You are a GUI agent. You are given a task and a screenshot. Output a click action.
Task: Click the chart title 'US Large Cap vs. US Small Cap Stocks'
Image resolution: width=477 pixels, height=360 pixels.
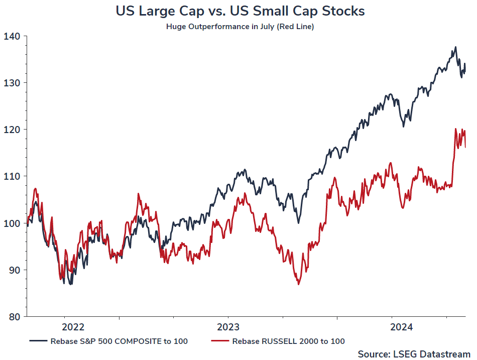tap(240, 11)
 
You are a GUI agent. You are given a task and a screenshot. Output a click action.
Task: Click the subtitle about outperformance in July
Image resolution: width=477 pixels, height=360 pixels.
tap(240, 27)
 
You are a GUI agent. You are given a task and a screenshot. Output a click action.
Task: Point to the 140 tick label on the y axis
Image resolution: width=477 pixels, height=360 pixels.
tap(12, 36)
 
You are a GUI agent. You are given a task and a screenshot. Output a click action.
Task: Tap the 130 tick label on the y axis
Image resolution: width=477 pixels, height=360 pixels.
tap(12, 83)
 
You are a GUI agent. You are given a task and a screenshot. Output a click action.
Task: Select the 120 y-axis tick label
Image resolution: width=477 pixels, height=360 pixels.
tap(12, 130)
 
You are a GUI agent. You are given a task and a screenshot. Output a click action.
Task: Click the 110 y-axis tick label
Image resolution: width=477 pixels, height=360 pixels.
tap(12, 176)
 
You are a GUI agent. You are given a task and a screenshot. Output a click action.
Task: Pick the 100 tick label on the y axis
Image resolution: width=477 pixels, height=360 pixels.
tap(12, 223)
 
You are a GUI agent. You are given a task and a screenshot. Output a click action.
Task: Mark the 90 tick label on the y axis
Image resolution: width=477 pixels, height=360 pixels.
tap(13, 270)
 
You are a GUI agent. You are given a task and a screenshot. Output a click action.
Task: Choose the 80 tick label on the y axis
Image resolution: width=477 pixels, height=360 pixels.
tap(13, 316)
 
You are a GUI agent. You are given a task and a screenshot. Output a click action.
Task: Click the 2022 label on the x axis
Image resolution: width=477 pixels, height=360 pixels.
tap(74, 327)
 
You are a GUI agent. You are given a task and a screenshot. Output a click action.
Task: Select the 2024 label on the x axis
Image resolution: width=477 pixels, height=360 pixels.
tap(402, 327)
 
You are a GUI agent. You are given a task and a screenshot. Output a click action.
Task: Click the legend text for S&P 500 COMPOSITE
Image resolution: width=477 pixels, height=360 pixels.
tap(119, 341)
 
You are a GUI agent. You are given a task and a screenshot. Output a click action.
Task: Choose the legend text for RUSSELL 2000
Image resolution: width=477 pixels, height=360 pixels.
tap(288, 341)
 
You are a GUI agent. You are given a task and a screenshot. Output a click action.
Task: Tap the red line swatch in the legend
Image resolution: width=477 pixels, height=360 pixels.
tap(219, 341)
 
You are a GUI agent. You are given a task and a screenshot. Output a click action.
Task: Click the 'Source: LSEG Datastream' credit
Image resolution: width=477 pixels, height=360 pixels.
tap(414, 354)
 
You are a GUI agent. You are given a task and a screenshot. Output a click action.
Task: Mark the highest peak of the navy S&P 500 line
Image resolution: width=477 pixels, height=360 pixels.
tap(455, 47)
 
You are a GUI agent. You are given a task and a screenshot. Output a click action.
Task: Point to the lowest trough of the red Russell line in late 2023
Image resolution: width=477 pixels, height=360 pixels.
tap(298, 284)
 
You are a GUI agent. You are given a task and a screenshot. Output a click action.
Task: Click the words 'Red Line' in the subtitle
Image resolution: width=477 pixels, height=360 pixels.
tap(298, 27)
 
